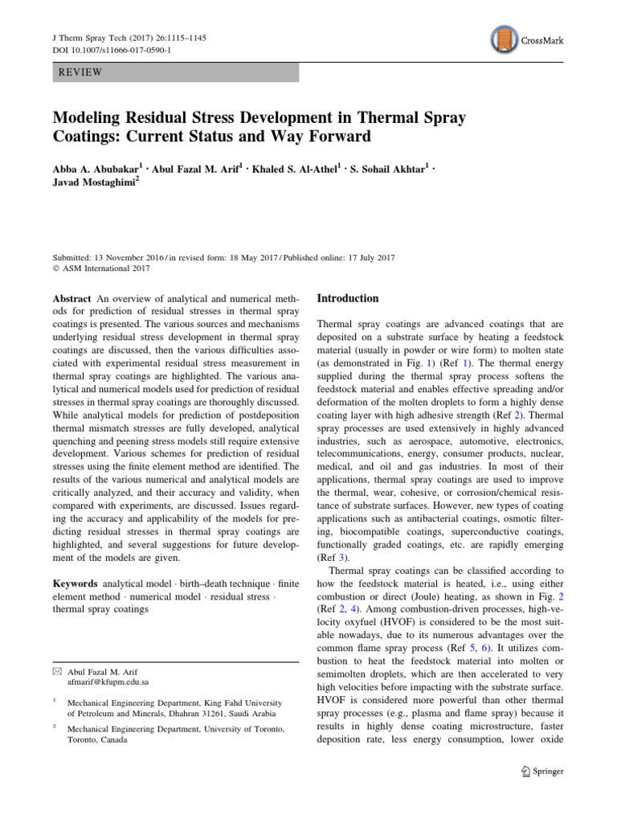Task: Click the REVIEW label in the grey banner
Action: [x=81, y=73]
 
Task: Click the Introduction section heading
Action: [x=348, y=298]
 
